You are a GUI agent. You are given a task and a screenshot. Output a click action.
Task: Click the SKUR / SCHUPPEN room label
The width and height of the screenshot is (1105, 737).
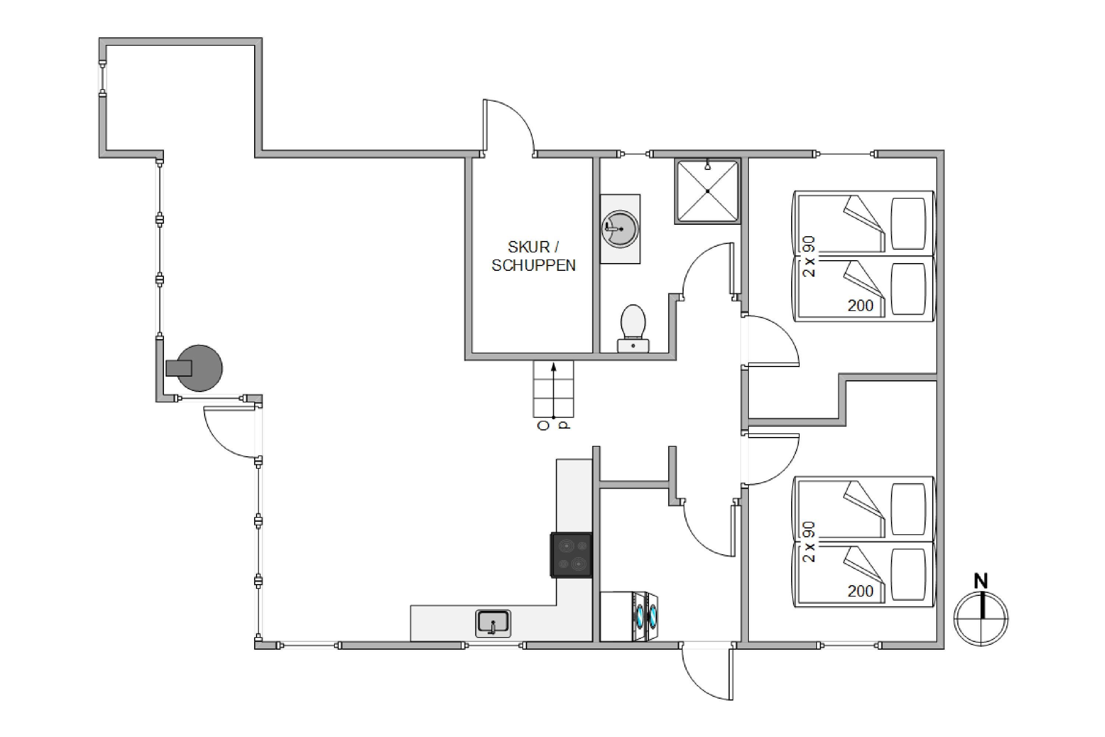click(533, 256)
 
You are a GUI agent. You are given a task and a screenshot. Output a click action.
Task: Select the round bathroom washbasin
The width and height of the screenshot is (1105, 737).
click(620, 229)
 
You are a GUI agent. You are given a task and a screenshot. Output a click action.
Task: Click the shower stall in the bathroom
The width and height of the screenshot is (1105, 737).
click(707, 191)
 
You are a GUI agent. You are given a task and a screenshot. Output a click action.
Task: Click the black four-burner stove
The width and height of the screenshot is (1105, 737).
click(571, 555)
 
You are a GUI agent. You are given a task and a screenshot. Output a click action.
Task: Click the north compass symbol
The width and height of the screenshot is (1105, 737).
click(981, 619)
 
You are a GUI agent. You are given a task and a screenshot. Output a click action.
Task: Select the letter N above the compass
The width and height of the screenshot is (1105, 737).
click(981, 581)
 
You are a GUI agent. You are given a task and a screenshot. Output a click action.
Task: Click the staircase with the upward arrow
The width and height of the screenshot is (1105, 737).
click(554, 389)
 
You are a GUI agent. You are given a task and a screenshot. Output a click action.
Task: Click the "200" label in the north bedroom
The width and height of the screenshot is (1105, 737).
click(860, 305)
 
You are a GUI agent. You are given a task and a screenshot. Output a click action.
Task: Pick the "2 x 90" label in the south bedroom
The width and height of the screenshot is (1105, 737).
click(809, 542)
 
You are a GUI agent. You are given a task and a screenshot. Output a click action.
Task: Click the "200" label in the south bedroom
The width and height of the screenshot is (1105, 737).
click(860, 591)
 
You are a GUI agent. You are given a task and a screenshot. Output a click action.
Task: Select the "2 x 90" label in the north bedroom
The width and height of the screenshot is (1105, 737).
click(809, 256)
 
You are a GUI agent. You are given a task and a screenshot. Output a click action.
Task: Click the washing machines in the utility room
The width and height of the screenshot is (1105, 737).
click(629, 616)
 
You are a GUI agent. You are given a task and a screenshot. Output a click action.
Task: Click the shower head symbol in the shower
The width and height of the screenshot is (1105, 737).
click(708, 166)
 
